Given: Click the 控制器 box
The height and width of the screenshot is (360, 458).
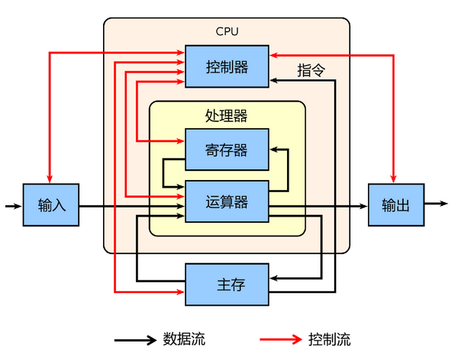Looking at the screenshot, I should (227, 66).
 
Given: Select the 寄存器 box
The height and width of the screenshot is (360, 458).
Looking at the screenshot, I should (227, 149).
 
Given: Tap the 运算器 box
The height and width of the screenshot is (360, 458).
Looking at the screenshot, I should (227, 201).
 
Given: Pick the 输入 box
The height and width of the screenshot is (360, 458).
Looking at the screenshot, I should (51, 205).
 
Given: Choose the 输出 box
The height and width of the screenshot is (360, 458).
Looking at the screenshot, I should (395, 204).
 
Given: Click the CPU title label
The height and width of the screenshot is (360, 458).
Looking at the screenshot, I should (227, 31).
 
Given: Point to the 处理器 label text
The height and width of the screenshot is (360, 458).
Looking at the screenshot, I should (227, 116).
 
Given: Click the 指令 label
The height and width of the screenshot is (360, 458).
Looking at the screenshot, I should (311, 69).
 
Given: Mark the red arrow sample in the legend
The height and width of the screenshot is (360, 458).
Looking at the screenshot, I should (281, 339).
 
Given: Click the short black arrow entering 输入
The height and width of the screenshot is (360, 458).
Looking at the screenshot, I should (13, 205).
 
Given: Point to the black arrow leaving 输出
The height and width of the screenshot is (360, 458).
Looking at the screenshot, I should (436, 204).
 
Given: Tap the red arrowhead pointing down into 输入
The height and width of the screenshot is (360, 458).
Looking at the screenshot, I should (48, 178).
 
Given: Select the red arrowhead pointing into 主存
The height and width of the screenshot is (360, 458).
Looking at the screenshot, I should (181, 291).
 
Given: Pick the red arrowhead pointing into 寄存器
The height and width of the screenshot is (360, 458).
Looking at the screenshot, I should (181, 140).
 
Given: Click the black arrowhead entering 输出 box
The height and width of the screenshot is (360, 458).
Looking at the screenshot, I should (363, 206).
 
